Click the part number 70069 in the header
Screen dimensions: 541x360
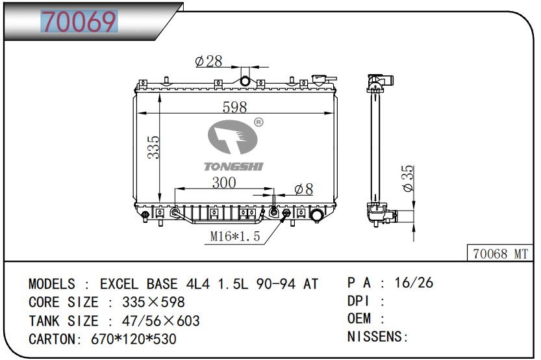pyautogui.click(x=79, y=21)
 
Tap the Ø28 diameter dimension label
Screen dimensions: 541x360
pyautogui.click(x=208, y=62)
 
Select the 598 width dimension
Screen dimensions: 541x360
pyautogui.click(x=234, y=107)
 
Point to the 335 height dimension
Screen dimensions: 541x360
pyautogui.click(x=153, y=147)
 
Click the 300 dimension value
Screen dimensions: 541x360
pyautogui.click(x=224, y=183)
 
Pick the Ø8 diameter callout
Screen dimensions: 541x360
pyautogui.click(x=304, y=189)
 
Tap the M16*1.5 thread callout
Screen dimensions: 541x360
pyautogui.click(x=235, y=237)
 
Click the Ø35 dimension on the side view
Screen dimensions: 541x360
pyautogui.click(x=407, y=178)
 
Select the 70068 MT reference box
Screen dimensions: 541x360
pyautogui.click(x=500, y=253)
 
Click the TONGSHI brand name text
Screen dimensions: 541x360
pyautogui.click(x=233, y=167)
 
